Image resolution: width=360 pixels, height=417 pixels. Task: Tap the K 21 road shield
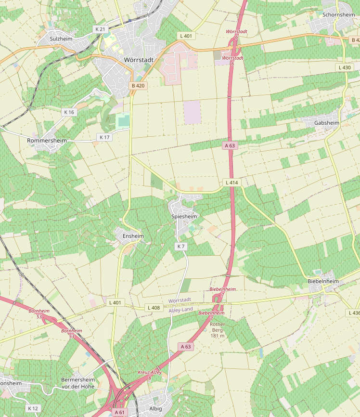[100, 29]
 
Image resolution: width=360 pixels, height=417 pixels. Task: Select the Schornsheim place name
[339, 15]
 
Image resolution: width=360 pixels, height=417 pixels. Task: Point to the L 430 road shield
[345, 67]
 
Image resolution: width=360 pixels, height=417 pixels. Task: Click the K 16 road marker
[69, 112]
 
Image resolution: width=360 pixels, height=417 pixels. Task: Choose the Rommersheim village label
[47, 140]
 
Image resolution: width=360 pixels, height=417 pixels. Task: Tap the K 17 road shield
[105, 137]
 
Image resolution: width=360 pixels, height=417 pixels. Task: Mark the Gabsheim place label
[327, 123]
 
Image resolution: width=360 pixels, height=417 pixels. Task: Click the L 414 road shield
[231, 182]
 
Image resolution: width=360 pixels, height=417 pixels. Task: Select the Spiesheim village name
[184, 217]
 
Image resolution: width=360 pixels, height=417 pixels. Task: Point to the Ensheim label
[133, 236]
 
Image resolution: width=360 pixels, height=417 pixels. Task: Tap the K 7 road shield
[180, 247]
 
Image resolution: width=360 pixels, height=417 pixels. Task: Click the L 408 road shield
[154, 308]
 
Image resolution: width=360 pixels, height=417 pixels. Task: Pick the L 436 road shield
[353, 313]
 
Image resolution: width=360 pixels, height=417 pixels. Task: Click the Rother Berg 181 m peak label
[218, 330]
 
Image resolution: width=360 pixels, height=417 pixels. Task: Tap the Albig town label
[156, 409]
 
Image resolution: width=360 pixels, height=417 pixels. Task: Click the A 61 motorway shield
[119, 412]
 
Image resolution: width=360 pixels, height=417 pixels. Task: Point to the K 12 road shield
[33, 408]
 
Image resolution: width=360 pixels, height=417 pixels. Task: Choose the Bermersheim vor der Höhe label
[78, 383]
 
